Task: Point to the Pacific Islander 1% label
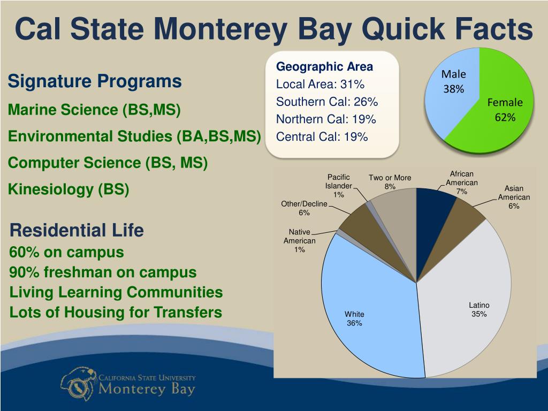338,186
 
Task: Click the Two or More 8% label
390,182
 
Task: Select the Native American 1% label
300,241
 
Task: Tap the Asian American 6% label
514,197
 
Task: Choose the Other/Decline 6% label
304,208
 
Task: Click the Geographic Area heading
324,67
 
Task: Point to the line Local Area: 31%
320,85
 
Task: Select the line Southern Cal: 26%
327,102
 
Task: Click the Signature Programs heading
94,82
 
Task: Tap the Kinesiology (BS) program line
68,190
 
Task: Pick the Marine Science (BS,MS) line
94,110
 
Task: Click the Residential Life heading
77,231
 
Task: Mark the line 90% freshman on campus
103,272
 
